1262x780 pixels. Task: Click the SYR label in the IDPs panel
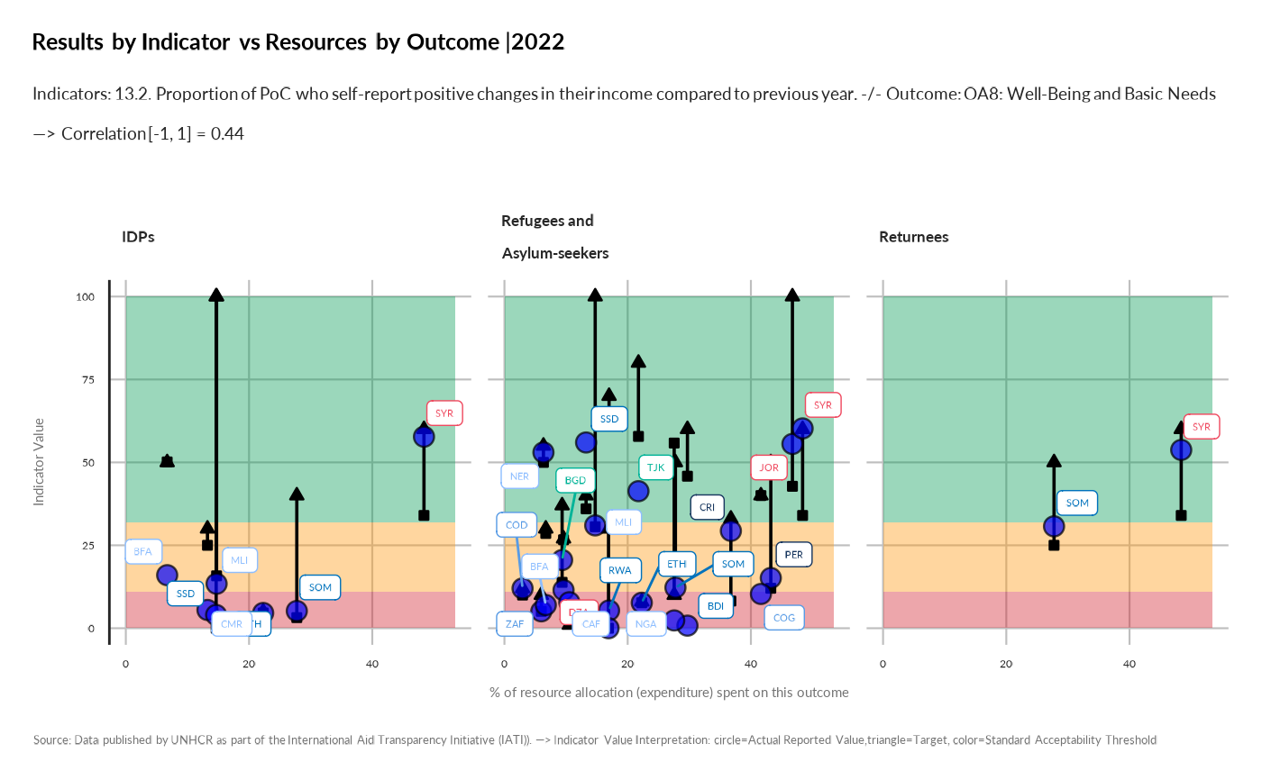tap(444, 413)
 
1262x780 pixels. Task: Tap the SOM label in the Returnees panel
tap(1077, 503)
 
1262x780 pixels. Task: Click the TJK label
tap(656, 467)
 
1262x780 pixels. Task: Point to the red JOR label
tap(769, 467)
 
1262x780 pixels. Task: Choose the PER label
tap(793, 554)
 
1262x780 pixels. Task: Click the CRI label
tap(708, 508)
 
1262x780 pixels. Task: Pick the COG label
tap(784, 617)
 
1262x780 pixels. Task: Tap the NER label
tap(519, 476)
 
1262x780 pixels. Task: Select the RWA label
tap(619, 570)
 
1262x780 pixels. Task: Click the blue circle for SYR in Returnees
tap(1181, 449)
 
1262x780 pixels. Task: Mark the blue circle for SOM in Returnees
tap(1054, 526)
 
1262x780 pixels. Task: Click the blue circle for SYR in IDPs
tap(424, 436)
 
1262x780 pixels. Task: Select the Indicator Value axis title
tap(39, 461)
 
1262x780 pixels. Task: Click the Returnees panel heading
tap(913, 237)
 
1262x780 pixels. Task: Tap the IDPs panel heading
tap(138, 237)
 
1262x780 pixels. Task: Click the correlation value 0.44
tap(227, 133)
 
